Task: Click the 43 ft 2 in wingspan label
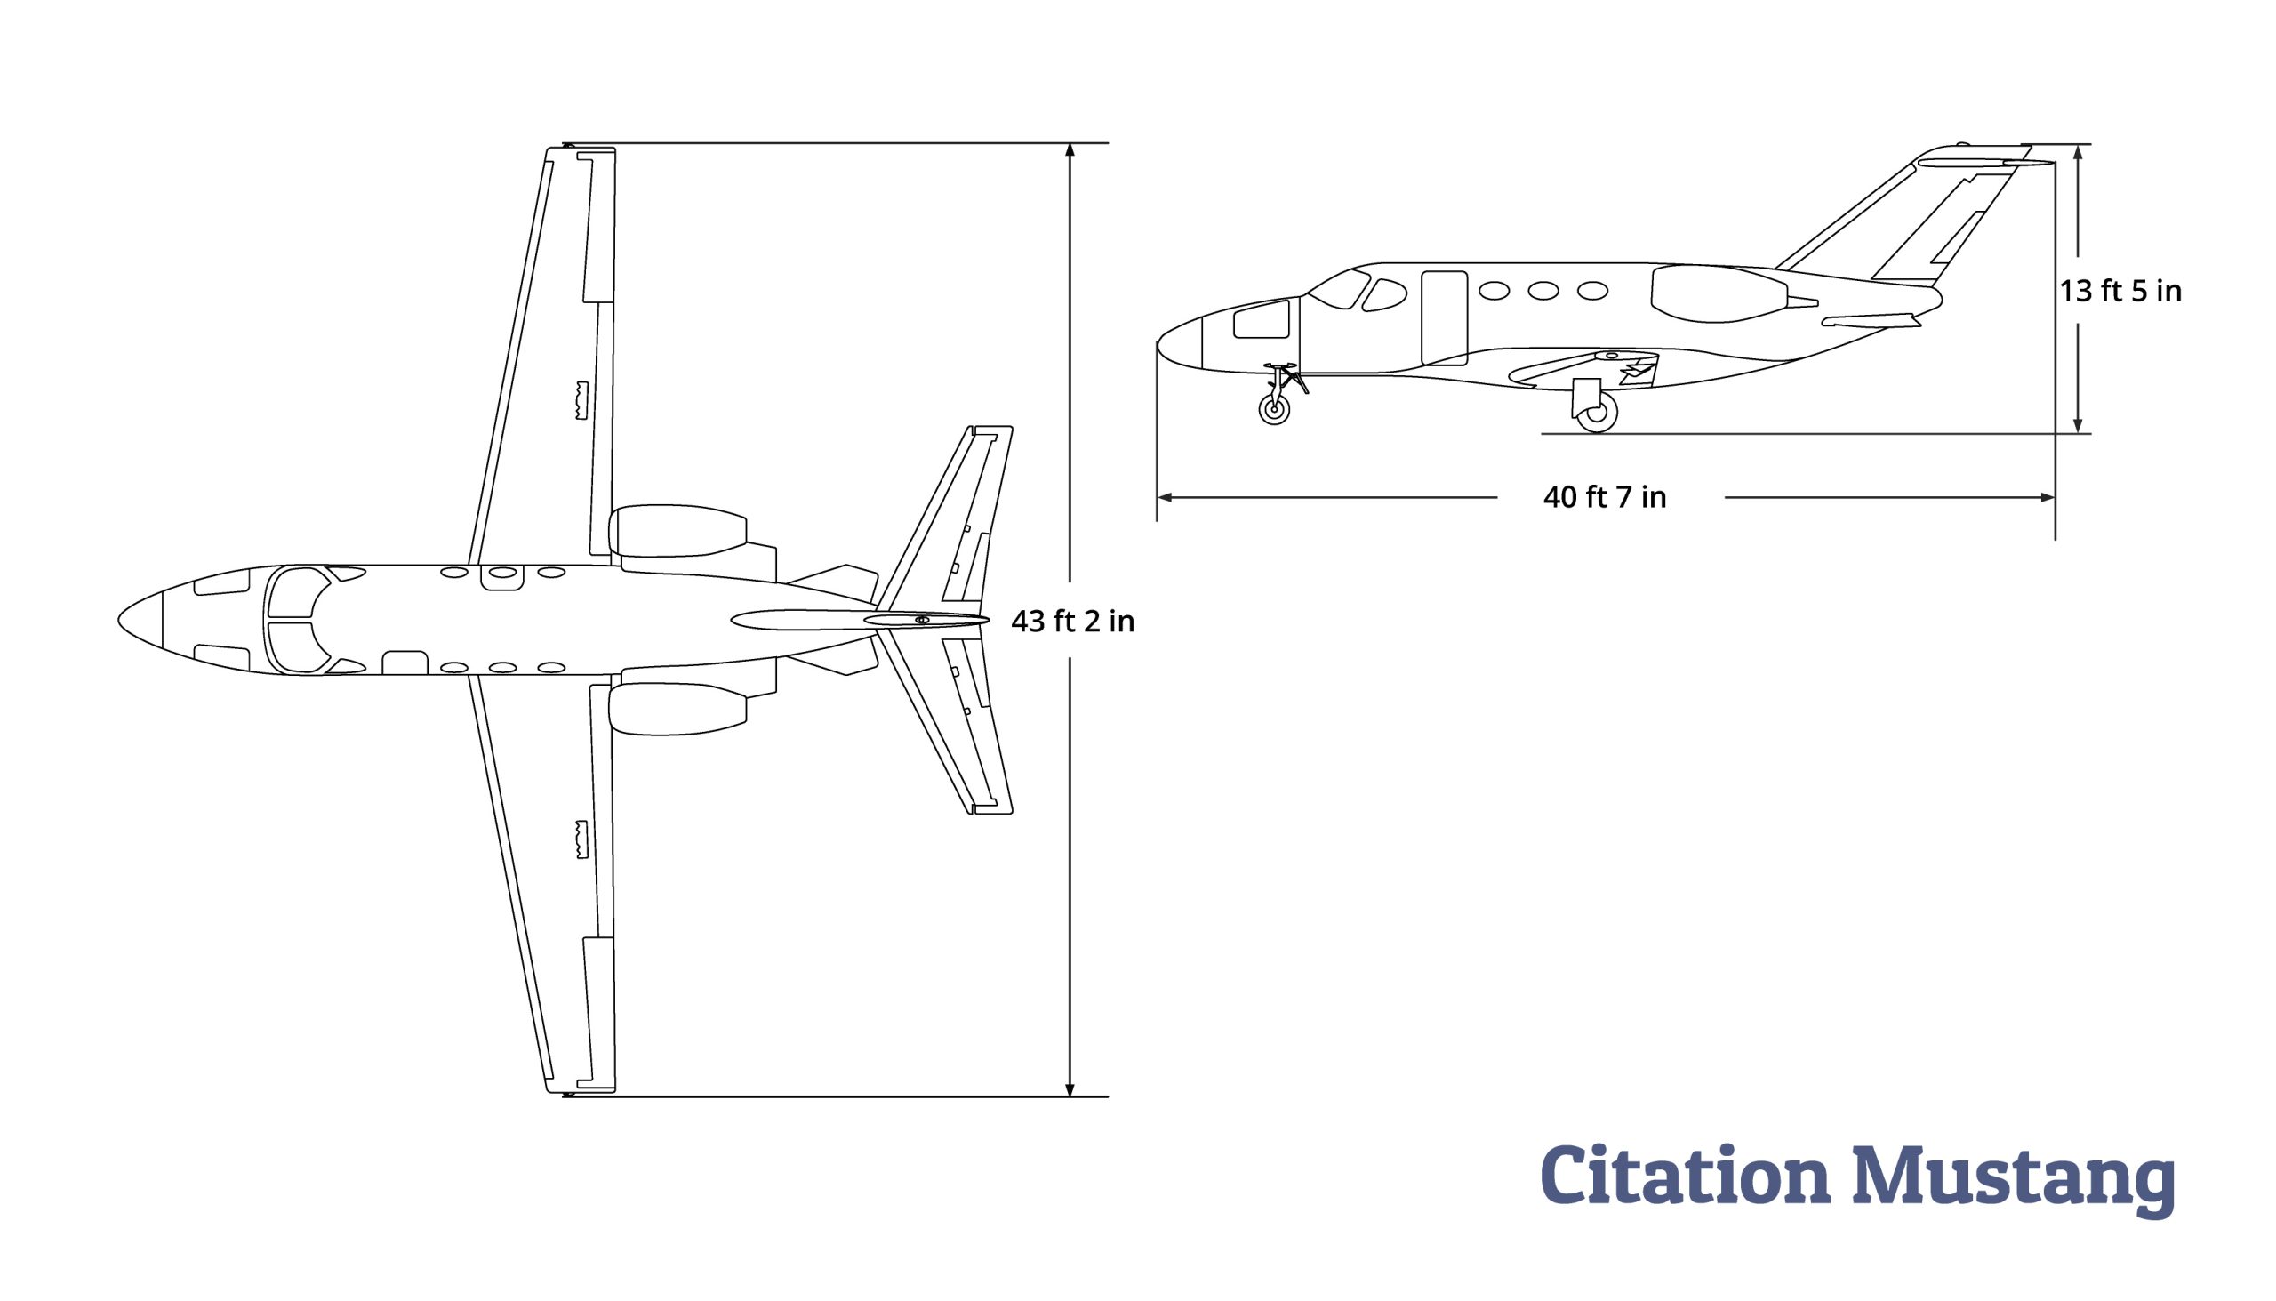point(1072,621)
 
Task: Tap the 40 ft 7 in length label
point(1605,497)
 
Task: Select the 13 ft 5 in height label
point(2120,292)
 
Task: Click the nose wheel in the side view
point(1274,410)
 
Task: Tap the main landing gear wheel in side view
point(1597,414)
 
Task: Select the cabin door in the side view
point(1445,318)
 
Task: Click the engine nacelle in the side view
point(1719,294)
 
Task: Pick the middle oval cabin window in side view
point(1543,291)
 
